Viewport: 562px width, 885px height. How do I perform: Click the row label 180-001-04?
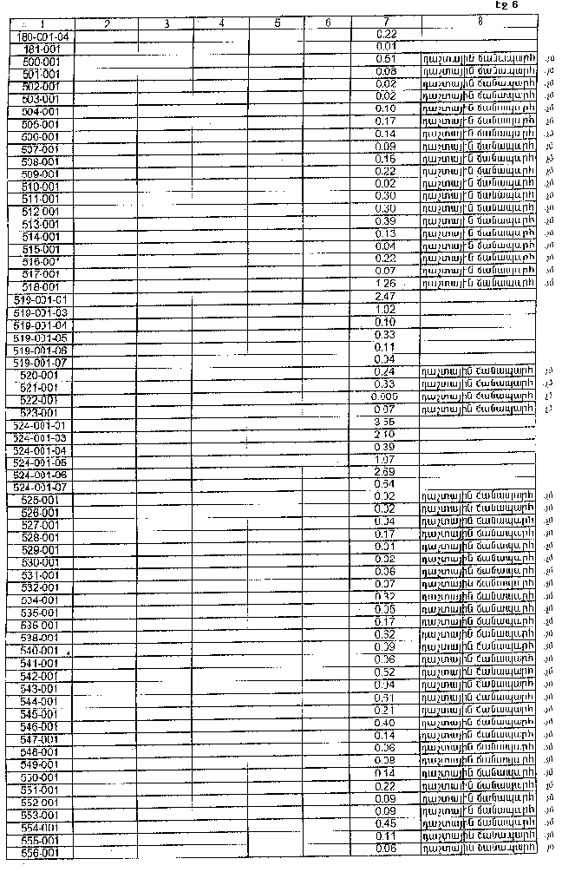pos(44,36)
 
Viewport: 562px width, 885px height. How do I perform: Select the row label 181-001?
pos(44,49)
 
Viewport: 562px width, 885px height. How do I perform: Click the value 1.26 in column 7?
pos(386,283)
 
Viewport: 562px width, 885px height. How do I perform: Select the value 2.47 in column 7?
pos(386,297)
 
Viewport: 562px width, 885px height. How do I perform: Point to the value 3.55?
pos(386,421)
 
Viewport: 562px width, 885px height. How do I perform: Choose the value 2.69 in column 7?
pos(386,471)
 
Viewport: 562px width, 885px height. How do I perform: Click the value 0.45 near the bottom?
pos(386,823)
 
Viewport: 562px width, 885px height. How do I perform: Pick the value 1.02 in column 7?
pos(386,309)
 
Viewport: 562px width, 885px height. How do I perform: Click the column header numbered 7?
pos(386,21)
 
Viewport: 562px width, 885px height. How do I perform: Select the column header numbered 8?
pos(479,20)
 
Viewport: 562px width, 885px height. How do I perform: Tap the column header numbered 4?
pos(222,23)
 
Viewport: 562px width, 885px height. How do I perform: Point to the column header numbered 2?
pos(106,23)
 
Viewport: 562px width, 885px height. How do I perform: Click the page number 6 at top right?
pos(513,5)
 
